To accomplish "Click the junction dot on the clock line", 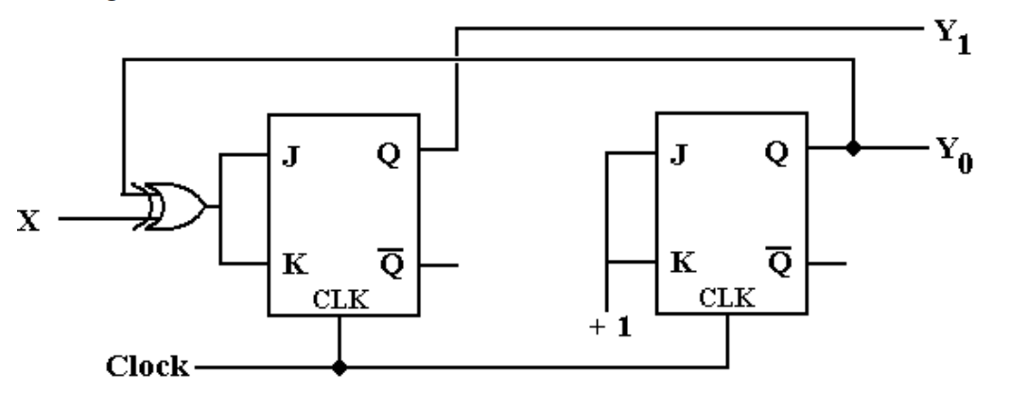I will pos(339,365).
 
